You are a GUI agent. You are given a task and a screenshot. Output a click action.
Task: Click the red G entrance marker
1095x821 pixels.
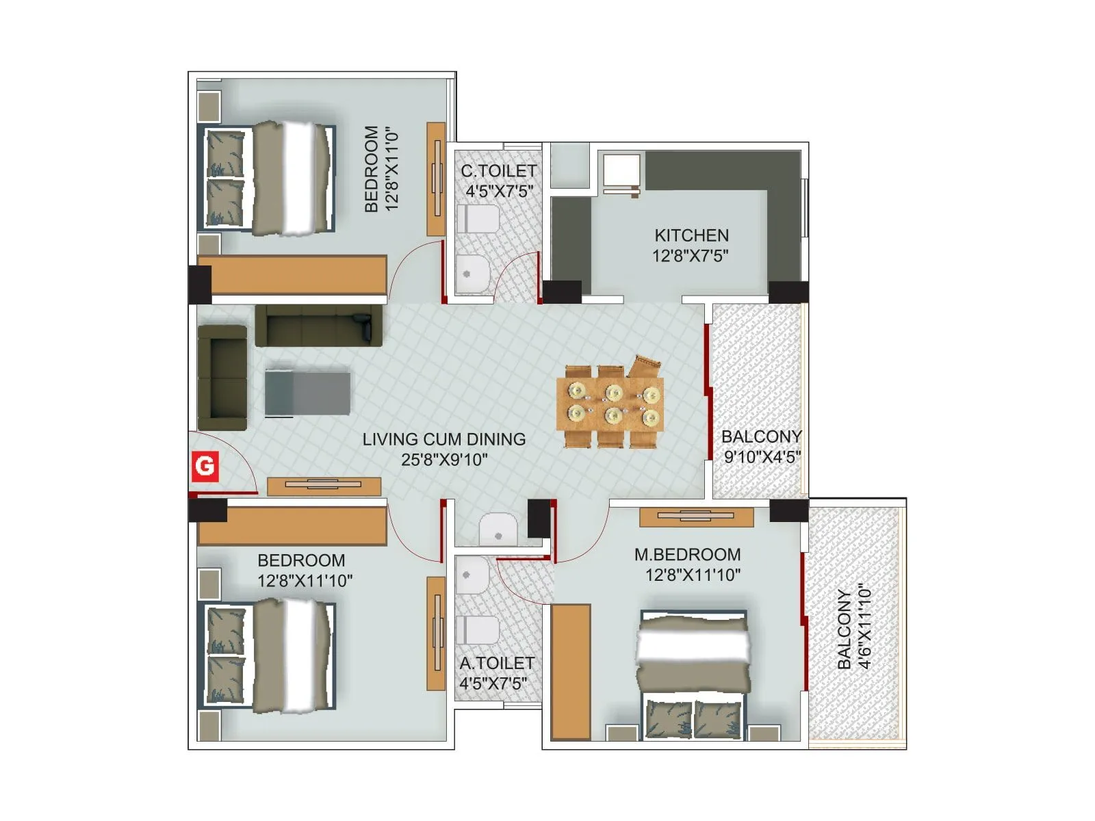coord(205,466)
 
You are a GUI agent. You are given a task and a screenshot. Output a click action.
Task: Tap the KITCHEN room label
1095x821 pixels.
coord(691,235)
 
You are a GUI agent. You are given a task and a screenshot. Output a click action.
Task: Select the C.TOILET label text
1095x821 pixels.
coord(498,170)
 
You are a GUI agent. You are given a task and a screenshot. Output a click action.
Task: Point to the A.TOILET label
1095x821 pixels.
coord(497,663)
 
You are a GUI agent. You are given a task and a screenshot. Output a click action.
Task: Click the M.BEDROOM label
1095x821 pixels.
coord(687,554)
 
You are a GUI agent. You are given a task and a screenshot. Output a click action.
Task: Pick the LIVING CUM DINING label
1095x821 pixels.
coord(444,439)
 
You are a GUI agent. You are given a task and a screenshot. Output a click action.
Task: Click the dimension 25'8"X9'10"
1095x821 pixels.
coord(444,460)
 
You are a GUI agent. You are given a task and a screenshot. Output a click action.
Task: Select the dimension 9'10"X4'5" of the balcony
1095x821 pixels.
coord(762,457)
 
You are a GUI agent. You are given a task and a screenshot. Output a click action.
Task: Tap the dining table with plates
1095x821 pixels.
coord(610,404)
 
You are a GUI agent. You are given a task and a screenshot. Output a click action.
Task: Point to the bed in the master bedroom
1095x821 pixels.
coord(693,674)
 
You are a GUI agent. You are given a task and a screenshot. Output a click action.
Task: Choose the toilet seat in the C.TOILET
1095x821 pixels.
coord(478,220)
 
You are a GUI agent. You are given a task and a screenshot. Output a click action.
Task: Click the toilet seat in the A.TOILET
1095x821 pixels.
coord(478,629)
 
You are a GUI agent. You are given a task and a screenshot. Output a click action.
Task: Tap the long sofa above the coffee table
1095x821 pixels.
coord(319,326)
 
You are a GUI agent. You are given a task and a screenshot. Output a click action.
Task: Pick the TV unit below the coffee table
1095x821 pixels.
coord(324,486)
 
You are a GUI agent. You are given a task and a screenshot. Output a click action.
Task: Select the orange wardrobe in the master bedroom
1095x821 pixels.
coord(571,672)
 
